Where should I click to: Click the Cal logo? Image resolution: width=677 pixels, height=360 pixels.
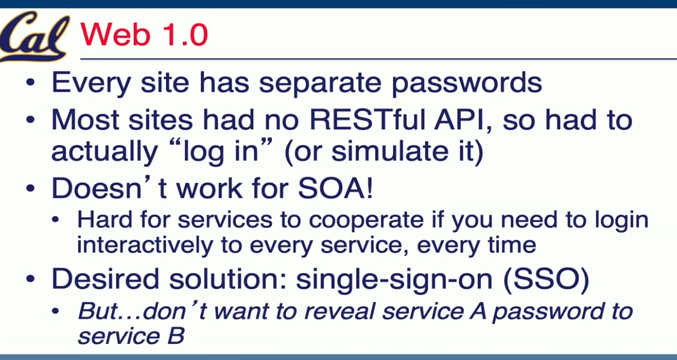(34, 36)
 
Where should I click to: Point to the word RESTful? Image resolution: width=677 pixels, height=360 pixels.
(367, 121)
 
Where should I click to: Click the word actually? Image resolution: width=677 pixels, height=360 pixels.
(104, 152)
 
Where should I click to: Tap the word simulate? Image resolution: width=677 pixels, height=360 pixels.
(391, 151)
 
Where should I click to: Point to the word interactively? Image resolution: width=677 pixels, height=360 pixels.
(145, 245)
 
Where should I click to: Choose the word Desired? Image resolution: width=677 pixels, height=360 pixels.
(105, 279)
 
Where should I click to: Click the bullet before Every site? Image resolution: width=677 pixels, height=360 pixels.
(31, 82)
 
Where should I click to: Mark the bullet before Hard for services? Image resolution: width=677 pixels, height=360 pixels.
(55, 220)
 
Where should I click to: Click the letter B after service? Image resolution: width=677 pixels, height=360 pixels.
(176, 336)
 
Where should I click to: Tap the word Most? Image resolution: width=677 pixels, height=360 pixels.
(85, 121)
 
